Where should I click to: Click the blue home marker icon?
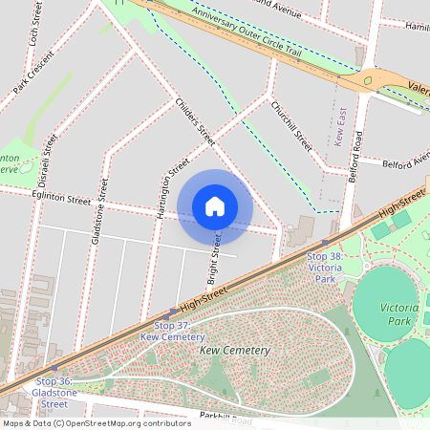coord(215,205)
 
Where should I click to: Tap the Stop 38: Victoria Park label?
coord(324,262)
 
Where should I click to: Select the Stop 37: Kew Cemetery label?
coord(172,331)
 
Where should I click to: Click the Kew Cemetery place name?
coord(235,351)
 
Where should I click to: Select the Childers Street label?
coord(195,120)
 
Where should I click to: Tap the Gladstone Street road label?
coord(98,210)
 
